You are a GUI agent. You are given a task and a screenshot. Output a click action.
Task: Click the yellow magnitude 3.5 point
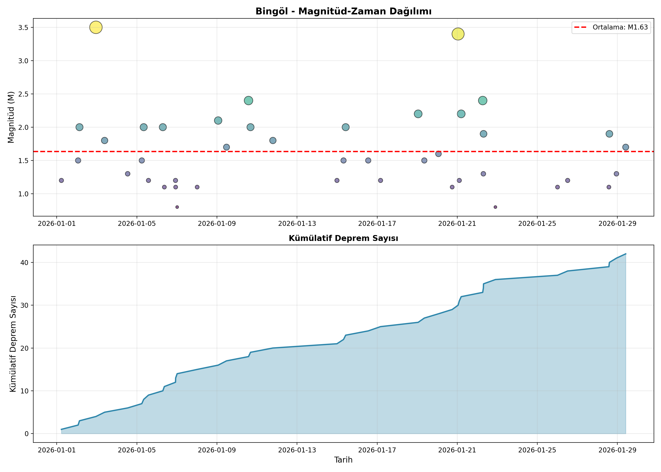pyautogui.click(x=96, y=28)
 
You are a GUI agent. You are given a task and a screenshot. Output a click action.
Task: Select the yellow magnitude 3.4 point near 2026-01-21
pyautogui.click(x=458, y=34)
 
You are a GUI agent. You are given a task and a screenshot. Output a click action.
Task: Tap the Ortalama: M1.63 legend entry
pyautogui.click(x=611, y=27)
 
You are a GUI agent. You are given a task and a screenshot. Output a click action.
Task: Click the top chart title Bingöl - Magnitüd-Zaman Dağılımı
pyautogui.click(x=343, y=11)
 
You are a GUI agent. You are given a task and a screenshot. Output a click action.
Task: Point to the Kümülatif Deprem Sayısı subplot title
pyautogui.click(x=343, y=238)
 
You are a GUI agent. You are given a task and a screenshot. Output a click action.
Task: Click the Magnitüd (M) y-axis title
pyautogui.click(x=11, y=117)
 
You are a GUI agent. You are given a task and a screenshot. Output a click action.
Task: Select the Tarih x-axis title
pyautogui.click(x=343, y=460)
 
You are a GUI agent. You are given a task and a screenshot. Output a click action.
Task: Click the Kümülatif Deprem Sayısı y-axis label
pyautogui.click(x=13, y=344)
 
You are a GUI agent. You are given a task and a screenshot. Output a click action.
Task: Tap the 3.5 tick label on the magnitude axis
pyautogui.click(x=24, y=28)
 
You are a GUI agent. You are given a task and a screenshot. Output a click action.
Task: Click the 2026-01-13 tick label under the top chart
pyautogui.click(x=297, y=223)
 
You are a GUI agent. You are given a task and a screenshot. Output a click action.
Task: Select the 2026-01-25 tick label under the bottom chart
pyautogui.click(x=537, y=450)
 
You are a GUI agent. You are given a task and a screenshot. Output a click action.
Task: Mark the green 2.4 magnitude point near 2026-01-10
pyautogui.click(x=248, y=101)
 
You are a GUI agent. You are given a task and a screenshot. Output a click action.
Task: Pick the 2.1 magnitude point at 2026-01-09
pyautogui.click(x=218, y=121)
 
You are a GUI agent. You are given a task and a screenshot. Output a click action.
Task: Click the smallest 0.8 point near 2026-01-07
pyautogui.click(x=177, y=207)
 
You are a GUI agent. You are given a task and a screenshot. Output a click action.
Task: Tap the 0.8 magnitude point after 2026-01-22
pyautogui.click(x=495, y=207)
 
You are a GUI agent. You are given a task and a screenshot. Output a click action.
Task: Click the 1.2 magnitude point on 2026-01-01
pyautogui.click(x=61, y=181)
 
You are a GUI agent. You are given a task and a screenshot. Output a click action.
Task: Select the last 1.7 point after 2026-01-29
pyautogui.click(x=626, y=147)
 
